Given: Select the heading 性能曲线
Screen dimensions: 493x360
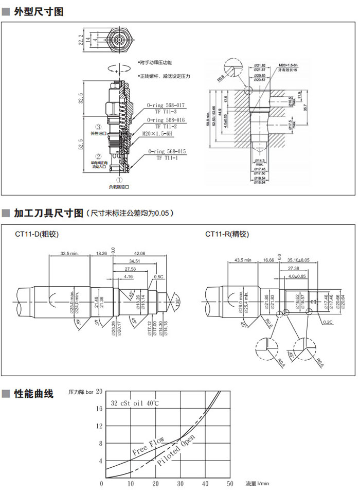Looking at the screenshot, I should coord(34,394).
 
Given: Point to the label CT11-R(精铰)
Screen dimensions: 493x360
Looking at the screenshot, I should coord(227,234).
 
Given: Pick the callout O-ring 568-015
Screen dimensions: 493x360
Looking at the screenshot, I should coord(167,152).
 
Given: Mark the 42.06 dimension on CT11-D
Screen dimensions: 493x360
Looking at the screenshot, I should coord(139,253).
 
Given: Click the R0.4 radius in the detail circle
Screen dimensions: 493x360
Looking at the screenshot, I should coord(281,364).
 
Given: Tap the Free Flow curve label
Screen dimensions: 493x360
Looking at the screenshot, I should coord(148,446).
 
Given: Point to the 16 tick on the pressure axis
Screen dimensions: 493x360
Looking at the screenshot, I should coord(99,409).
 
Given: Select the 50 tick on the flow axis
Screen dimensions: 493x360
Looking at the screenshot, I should coord(230,483).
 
